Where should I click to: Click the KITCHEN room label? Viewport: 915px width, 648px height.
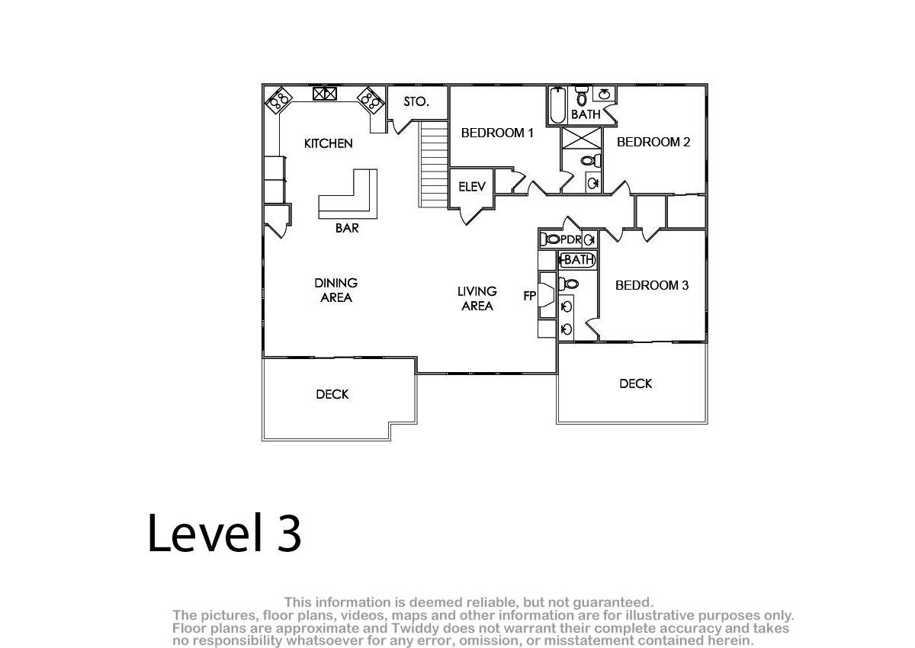click(x=328, y=143)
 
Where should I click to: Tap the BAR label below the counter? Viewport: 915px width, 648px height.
click(x=347, y=228)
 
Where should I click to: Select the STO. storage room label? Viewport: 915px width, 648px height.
click(x=416, y=101)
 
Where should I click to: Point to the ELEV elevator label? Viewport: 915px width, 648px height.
click(x=472, y=187)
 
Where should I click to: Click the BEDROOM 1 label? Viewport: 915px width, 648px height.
click(x=497, y=133)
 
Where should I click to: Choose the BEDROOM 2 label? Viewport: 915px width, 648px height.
click(x=653, y=142)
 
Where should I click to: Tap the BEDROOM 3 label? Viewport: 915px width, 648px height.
click(x=652, y=285)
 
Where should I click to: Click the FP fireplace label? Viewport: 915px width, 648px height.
click(x=529, y=296)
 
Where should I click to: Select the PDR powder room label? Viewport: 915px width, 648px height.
click(x=570, y=239)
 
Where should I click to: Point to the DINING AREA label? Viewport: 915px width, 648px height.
click(x=335, y=290)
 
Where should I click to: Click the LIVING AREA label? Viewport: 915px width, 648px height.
click(x=477, y=299)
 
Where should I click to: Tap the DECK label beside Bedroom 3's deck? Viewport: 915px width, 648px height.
click(x=636, y=383)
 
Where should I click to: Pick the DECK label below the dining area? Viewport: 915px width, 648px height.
click(x=332, y=394)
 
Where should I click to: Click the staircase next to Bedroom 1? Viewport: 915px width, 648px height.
click(x=434, y=164)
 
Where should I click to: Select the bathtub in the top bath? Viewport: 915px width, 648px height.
click(x=557, y=105)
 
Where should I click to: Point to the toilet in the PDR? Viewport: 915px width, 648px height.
click(x=550, y=239)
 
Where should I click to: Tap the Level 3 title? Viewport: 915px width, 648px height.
click(x=224, y=533)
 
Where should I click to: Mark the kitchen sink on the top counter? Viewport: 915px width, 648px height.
click(x=325, y=94)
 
